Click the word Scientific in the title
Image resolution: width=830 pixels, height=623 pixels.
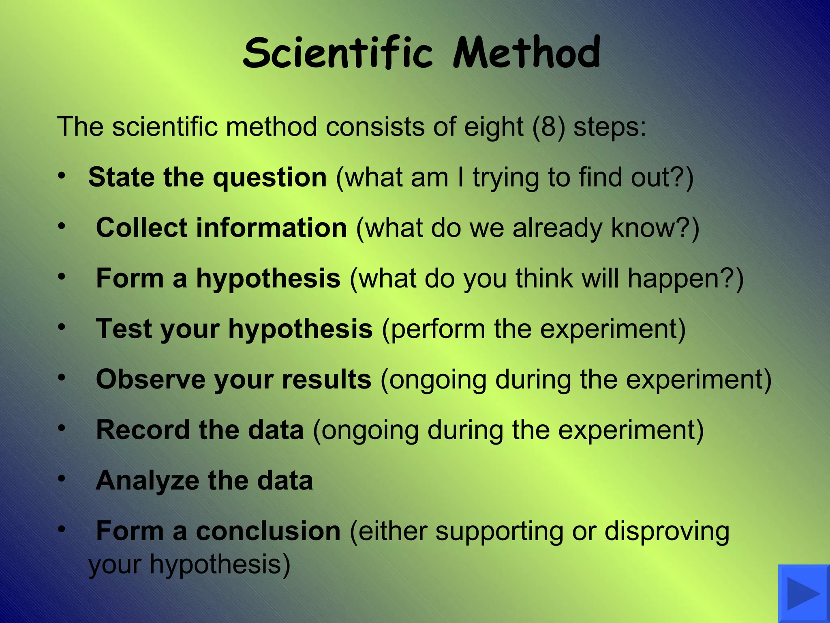(338, 53)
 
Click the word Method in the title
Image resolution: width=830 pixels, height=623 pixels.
(526, 53)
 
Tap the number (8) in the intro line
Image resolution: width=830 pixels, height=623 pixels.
(548, 127)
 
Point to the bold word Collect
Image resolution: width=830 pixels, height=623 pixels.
(141, 228)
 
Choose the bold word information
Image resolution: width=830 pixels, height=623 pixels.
(271, 228)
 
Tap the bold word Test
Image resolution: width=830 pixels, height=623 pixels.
(124, 329)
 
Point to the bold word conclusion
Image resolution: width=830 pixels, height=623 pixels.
(268, 531)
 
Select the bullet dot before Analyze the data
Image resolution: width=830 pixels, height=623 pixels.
(62, 479)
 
